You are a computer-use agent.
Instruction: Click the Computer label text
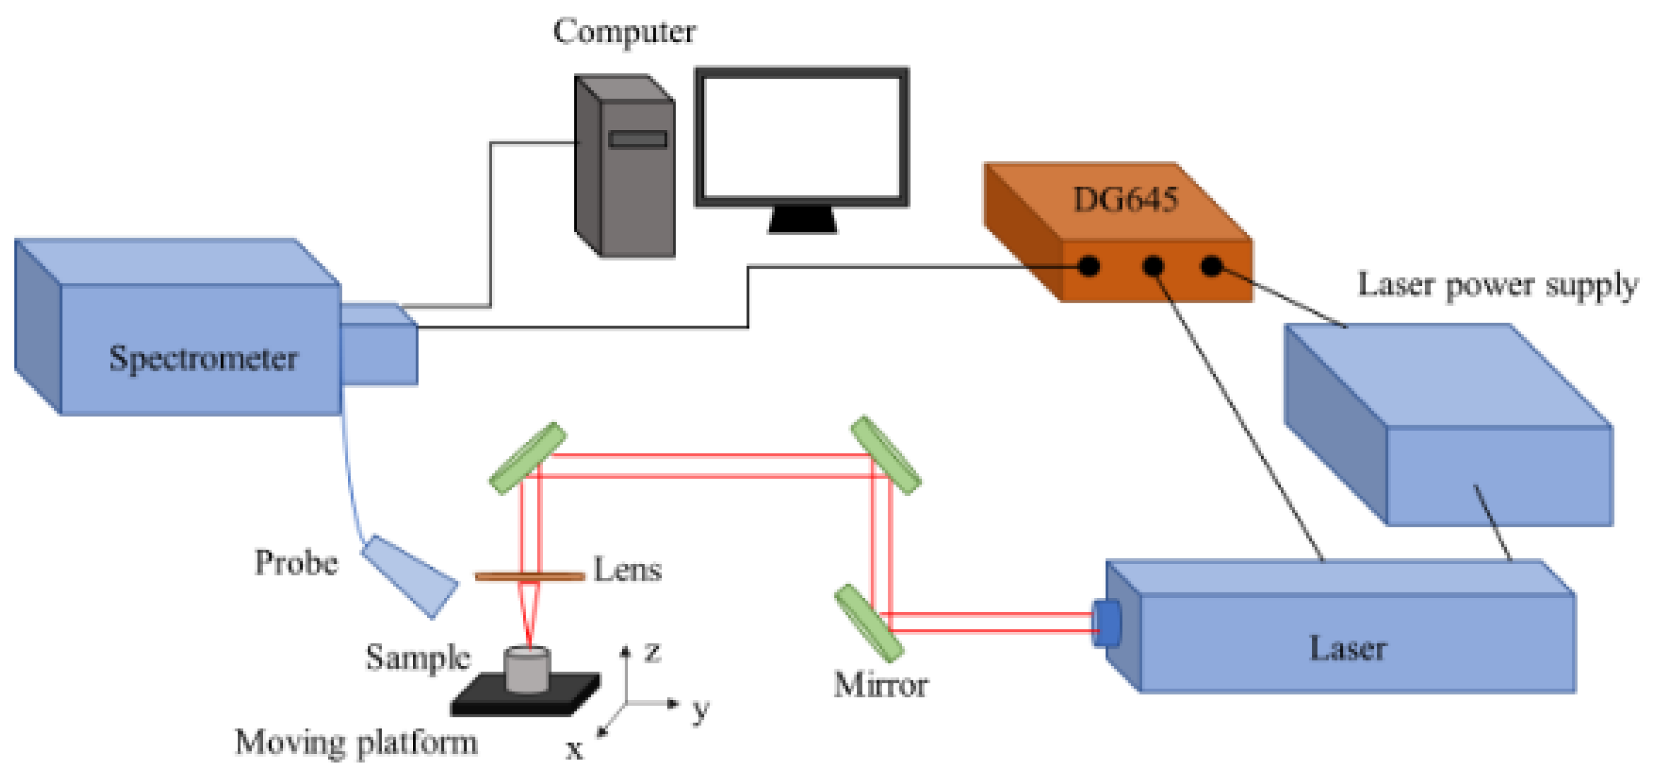623,31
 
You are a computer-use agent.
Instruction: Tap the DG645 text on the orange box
1125,199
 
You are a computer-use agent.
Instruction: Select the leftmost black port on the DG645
1088,266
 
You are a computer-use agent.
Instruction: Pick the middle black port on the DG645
1153,266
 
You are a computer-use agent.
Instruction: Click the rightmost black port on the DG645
1211,266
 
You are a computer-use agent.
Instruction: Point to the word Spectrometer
203,358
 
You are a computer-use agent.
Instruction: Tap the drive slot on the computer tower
637,139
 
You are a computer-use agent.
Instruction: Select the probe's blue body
409,576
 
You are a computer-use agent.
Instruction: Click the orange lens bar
530,576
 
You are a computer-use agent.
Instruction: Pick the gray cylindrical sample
527,670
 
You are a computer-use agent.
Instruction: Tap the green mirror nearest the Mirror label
869,622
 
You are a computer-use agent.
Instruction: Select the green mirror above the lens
528,457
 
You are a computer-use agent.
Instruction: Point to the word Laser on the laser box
1348,647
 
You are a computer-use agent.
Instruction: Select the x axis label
574,749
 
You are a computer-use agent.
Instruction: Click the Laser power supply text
1498,285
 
